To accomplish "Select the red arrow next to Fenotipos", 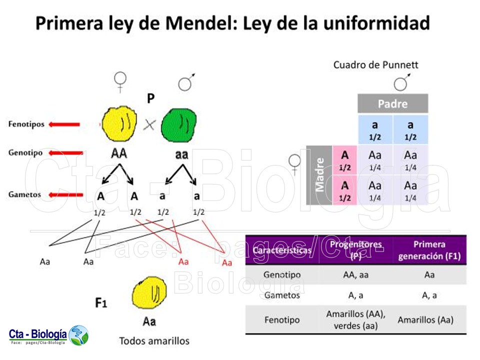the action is click(64, 124).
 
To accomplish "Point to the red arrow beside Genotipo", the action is click(66, 153).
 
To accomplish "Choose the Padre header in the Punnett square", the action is click(392, 104).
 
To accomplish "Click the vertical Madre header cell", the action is click(319, 175).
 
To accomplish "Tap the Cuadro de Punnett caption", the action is click(375, 65).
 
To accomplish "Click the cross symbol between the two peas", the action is click(149, 125).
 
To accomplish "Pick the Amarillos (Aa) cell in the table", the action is click(429, 319).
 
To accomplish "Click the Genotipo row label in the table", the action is click(281, 274).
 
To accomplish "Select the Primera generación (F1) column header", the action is click(429, 250).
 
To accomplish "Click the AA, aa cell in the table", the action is click(355, 274).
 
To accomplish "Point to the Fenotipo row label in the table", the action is click(281, 319).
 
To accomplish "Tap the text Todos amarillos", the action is click(154, 341).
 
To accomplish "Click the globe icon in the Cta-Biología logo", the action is click(78, 335).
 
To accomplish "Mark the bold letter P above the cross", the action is click(150, 99).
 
